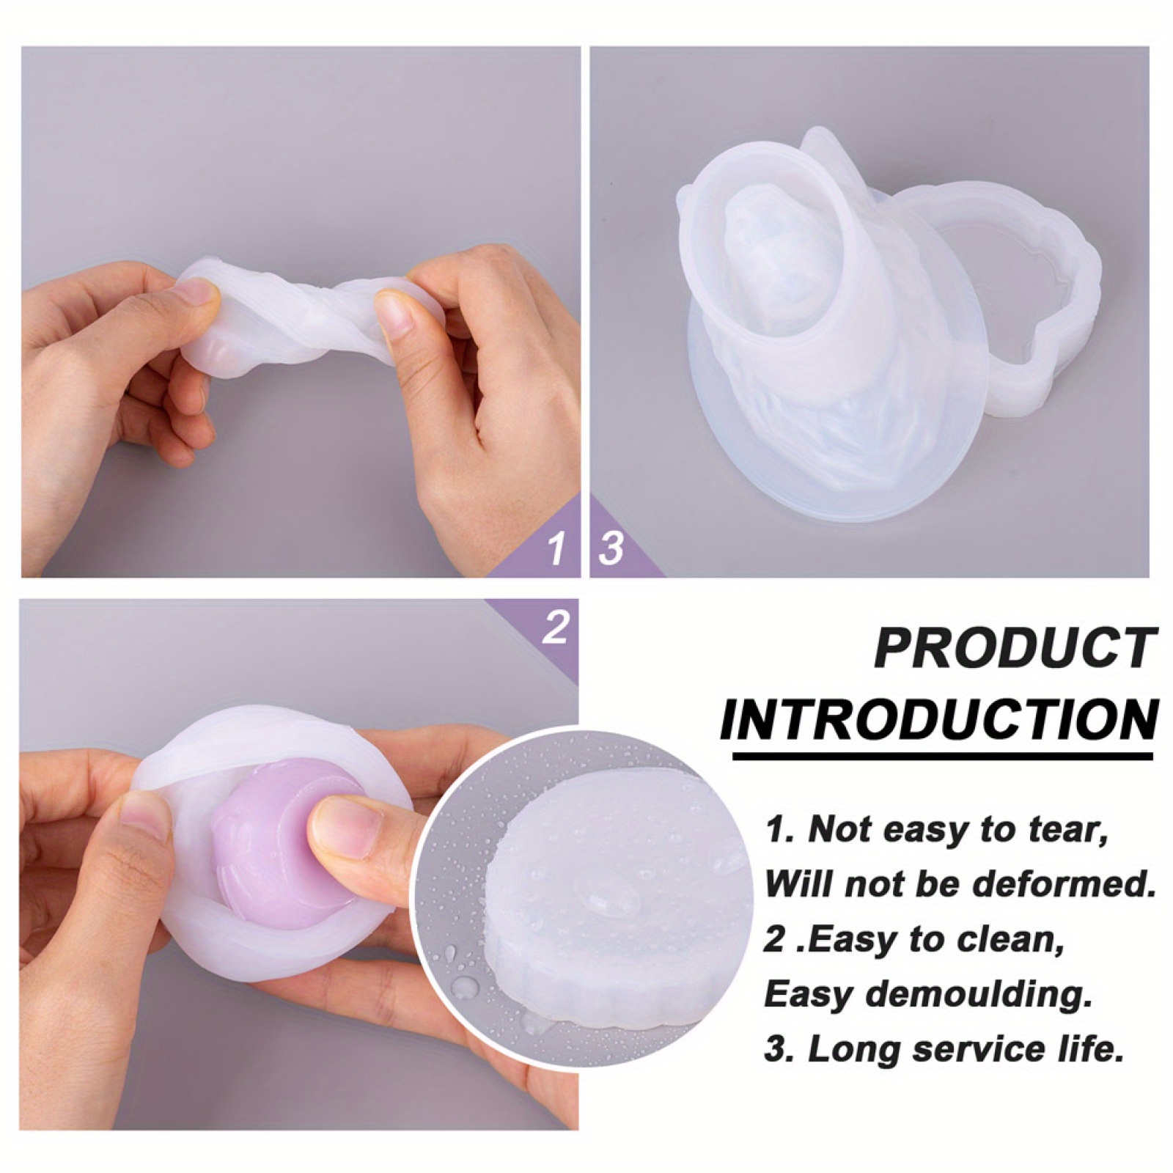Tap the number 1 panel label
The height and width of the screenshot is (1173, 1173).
click(x=556, y=547)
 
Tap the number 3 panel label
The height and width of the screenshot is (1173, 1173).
click(x=611, y=547)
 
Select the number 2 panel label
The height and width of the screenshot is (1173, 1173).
click(x=555, y=628)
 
